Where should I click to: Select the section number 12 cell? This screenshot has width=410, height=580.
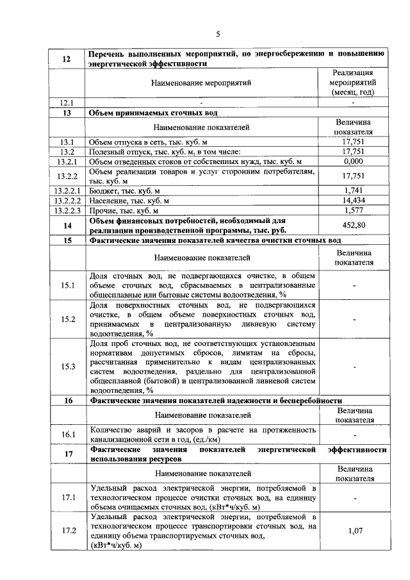[67, 60]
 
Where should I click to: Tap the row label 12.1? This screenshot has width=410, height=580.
[67, 103]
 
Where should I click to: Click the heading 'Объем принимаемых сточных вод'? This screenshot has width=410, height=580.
[153, 113]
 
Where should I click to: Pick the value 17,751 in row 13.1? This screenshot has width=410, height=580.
[353, 142]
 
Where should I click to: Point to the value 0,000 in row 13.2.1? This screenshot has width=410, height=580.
[353, 162]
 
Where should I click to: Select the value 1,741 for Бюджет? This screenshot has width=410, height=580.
[353, 190]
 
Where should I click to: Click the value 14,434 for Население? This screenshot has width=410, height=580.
[353, 201]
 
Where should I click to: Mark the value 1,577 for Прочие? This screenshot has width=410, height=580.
[353, 210]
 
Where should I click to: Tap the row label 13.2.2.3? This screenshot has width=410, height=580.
[67, 210]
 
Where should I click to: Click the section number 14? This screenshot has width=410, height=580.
[67, 225]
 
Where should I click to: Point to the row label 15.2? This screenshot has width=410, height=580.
[67, 319]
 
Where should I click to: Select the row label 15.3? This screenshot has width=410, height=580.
[67, 367]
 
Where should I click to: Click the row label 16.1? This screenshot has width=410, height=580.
[67, 435]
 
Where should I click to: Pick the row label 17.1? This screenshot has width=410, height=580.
[67, 497]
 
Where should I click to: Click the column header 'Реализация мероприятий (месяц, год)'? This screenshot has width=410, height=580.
[353, 82]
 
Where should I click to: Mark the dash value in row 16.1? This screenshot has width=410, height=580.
[353, 435]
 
